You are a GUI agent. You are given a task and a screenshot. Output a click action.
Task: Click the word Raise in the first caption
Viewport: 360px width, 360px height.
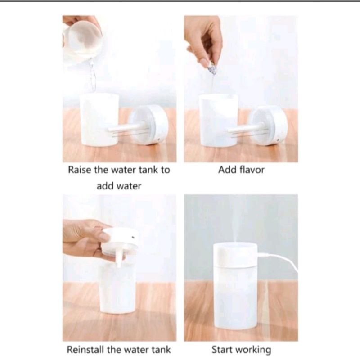[x=80, y=170]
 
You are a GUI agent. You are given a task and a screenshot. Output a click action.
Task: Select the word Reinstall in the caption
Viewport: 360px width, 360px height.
[x=85, y=350]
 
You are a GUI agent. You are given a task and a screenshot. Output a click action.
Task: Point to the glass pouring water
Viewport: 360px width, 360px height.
[x=82, y=39]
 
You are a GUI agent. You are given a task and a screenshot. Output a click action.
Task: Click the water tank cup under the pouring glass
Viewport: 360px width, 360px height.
[x=99, y=119]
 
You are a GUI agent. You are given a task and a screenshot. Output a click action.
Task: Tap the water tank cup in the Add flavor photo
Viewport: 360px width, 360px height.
[x=218, y=120]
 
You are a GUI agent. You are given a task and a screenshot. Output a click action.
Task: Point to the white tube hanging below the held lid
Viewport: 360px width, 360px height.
[x=119, y=258]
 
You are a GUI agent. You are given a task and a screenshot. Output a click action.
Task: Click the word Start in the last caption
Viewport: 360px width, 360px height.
[x=221, y=350]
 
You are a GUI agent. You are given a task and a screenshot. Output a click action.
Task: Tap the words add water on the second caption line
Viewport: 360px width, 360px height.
[x=119, y=186]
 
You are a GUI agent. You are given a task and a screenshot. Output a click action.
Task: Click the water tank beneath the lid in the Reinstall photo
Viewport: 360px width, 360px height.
[x=117, y=287]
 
